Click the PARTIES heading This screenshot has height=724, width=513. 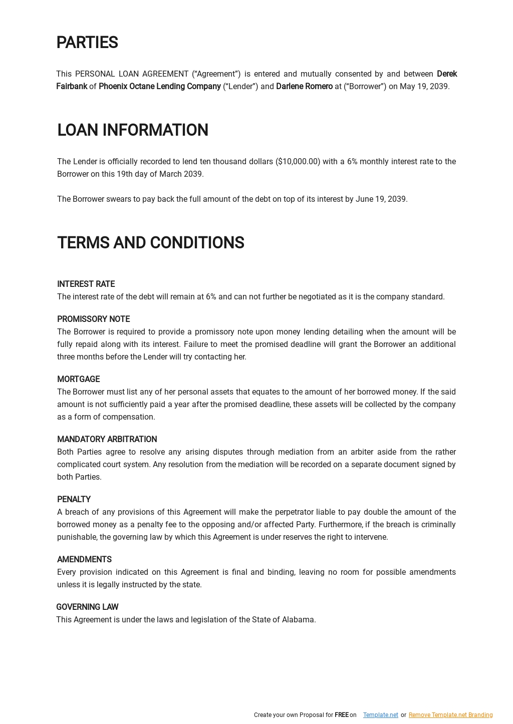point(87,43)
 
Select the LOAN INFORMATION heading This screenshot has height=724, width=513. point(133,130)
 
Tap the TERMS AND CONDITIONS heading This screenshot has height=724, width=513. point(151,243)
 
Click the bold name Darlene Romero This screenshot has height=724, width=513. point(304,87)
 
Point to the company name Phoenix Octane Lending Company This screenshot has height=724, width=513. point(160,87)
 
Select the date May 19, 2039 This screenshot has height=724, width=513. point(424,87)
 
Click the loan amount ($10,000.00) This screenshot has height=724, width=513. point(298,162)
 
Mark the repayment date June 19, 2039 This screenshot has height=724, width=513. point(381,199)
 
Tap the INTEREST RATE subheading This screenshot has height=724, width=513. point(86,284)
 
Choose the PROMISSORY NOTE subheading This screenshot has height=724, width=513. point(93,319)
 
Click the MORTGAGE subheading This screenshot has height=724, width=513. point(78,380)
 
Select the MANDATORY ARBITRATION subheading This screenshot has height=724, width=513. point(107,440)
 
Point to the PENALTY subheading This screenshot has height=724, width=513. point(74,500)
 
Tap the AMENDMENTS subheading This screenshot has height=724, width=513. point(84,560)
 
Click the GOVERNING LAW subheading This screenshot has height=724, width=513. point(87,607)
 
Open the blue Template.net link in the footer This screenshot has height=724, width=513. point(380,715)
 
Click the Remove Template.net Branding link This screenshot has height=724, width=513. point(450,715)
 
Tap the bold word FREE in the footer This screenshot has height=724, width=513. point(341,715)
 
